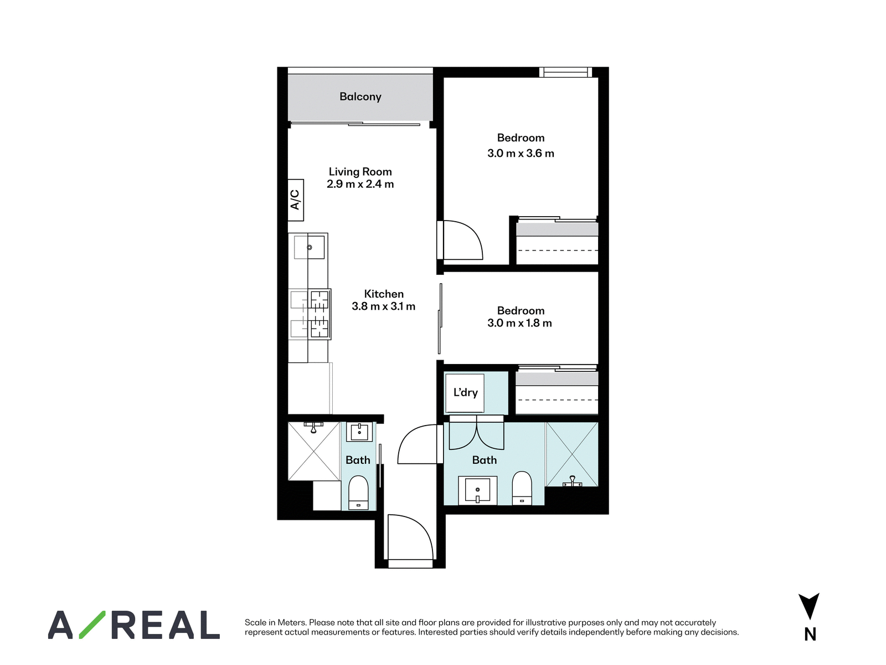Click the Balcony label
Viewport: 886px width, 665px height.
pos(360,97)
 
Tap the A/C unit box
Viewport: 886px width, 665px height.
pos(296,200)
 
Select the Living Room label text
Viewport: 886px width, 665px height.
pos(360,172)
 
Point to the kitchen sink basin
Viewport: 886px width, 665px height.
pos(309,247)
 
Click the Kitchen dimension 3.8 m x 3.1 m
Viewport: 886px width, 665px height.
pos(383,306)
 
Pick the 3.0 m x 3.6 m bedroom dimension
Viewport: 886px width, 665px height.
pos(521,154)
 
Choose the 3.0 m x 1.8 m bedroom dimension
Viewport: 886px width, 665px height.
pos(519,323)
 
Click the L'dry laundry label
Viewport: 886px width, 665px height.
pos(465,392)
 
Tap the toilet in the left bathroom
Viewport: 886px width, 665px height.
pos(358,492)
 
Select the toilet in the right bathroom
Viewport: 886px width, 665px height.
pos(522,488)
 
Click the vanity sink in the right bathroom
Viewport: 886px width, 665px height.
pos(477,489)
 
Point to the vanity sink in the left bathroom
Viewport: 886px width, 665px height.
pos(359,432)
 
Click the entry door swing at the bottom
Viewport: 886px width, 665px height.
pos(410,537)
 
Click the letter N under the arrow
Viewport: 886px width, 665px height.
pos(810,635)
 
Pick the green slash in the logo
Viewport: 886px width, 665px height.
pos(92,625)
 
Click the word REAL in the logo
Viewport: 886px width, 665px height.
pos(166,625)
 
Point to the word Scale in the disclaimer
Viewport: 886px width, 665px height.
pos(255,622)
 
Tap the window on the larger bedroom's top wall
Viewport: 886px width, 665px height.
pos(565,72)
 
